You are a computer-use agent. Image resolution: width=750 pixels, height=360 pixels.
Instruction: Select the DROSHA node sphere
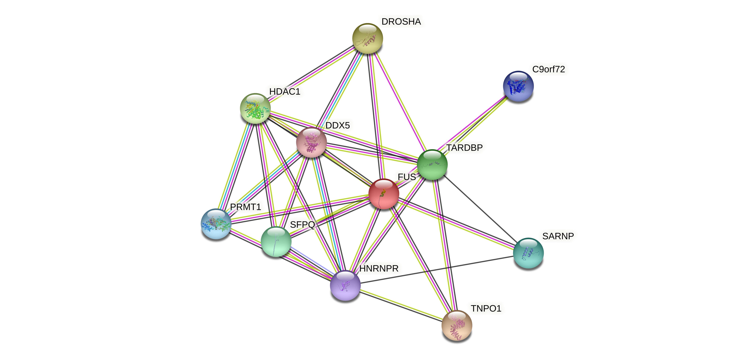(367, 38)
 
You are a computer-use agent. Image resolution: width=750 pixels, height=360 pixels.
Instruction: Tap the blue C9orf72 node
(518, 86)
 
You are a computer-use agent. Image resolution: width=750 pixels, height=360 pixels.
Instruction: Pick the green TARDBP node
(432, 164)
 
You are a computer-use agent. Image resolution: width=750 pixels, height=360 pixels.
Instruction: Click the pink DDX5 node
(311, 142)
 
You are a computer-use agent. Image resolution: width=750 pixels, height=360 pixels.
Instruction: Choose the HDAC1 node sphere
(255, 108)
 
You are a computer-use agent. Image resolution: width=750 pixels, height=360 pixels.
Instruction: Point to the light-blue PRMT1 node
(216, 224)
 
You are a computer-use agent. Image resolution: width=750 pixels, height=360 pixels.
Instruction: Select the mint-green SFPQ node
(276, 241)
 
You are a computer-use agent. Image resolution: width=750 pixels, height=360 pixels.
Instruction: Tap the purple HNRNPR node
(345, 285)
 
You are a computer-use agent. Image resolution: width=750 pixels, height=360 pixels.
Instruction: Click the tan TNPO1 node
(456, 325)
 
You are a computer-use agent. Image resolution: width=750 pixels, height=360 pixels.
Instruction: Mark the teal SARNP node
(528, 253)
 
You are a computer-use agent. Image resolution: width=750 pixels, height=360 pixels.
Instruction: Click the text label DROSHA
(401, 22)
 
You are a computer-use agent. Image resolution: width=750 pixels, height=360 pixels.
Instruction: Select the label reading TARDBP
(464, 148)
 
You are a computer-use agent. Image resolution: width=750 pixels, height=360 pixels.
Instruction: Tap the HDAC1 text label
(284, 91)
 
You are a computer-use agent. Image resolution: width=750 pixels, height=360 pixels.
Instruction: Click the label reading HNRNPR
(378, 268)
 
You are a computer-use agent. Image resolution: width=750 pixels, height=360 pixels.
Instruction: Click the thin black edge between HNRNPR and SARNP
(437, 269)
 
